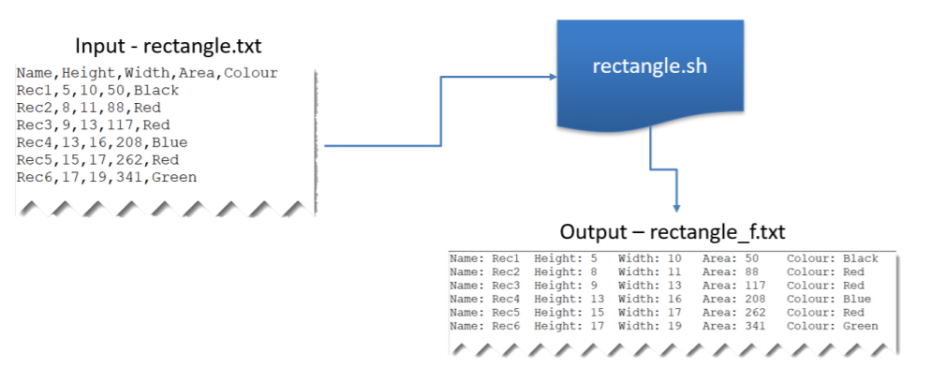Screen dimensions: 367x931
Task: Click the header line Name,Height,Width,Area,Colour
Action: [147, 73]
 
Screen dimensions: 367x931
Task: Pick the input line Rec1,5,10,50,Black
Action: [97, 91]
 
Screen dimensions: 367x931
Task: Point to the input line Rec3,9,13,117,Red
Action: [93, 125]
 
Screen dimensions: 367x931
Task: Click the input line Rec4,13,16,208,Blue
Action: [102, 142]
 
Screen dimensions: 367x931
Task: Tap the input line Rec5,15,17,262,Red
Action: [97, 159]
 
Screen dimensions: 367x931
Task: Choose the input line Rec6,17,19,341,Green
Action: [107, 177]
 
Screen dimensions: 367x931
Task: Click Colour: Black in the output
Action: [832, 258]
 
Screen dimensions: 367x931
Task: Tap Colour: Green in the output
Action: [832, 327]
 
